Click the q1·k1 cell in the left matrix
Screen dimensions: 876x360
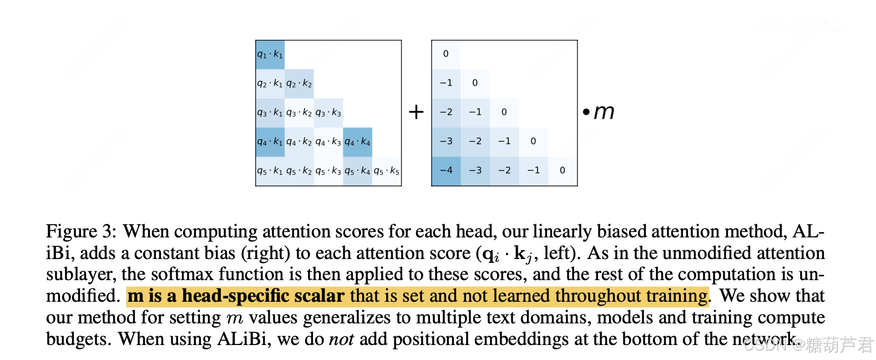tap(270, 54)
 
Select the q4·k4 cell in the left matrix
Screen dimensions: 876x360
tap(357, 141)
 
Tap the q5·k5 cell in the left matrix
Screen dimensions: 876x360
tap(386, 171)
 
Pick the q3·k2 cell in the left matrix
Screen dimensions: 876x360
tap(299, 113)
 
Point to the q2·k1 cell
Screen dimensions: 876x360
tap(270, 83)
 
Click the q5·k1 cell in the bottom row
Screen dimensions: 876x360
tap(270, 171)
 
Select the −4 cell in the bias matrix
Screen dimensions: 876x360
tap(446, 170)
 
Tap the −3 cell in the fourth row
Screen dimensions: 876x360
tap(446, 141)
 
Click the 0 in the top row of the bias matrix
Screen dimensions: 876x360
tap(446, 54)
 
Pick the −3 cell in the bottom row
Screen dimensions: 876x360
tap(475, 170)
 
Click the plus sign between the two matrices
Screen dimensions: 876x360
tap(416, 112)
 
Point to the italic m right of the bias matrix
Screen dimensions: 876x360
tap(604, 112)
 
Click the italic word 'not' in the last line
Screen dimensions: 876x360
tap(341, 339)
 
